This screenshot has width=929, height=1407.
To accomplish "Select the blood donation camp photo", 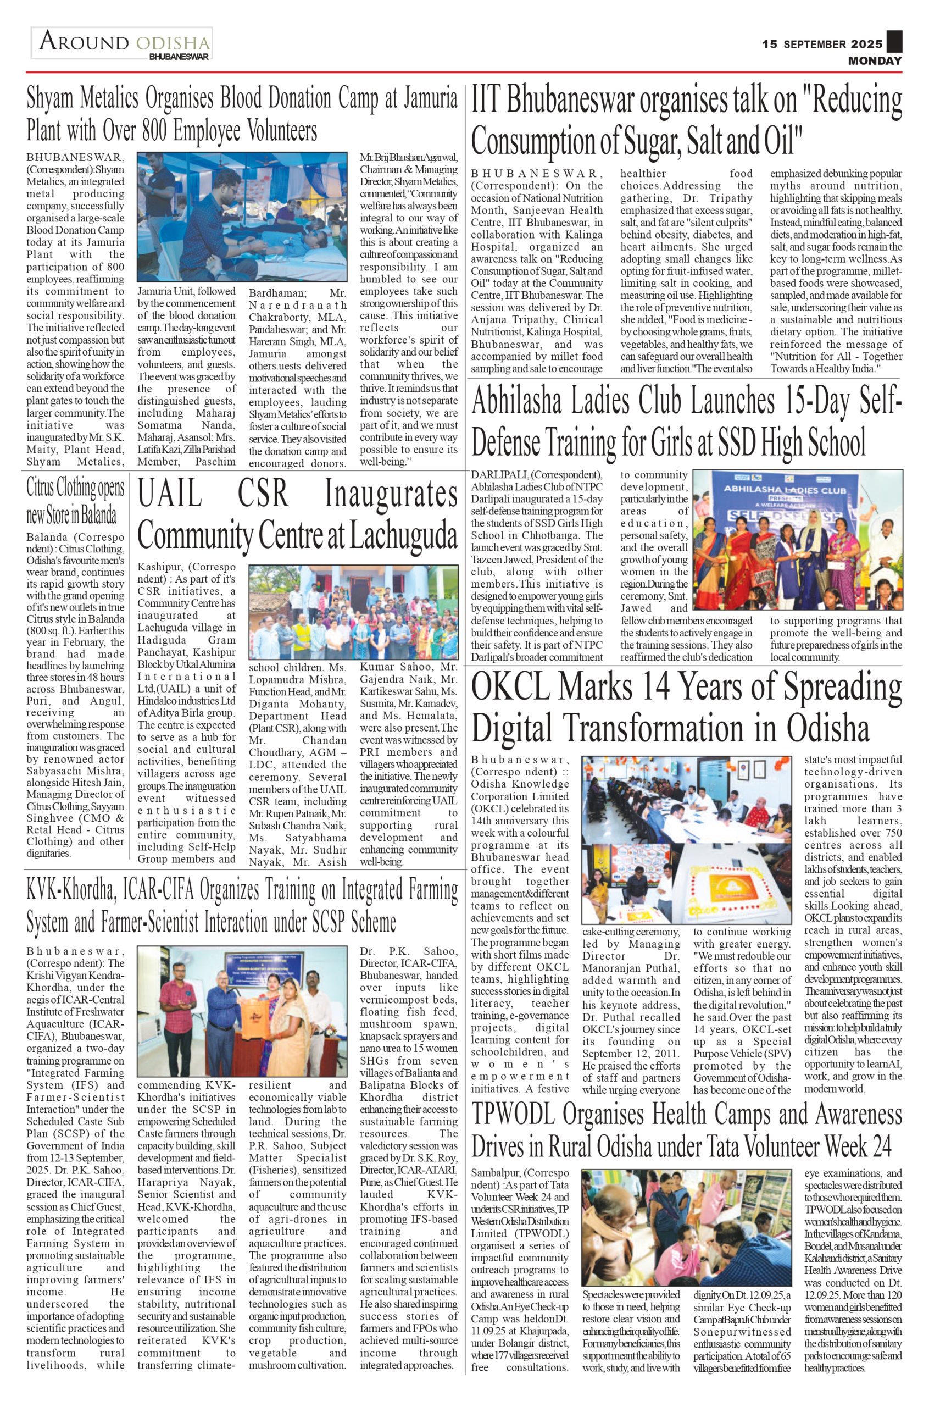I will click(x=242, y=217).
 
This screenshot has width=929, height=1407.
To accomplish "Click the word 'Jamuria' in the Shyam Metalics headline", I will click(x=428, y=99).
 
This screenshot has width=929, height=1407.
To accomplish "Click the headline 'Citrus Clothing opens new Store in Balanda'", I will click(x=75, y=501).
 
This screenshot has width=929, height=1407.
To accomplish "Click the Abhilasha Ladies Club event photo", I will click(x=797, y=542).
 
